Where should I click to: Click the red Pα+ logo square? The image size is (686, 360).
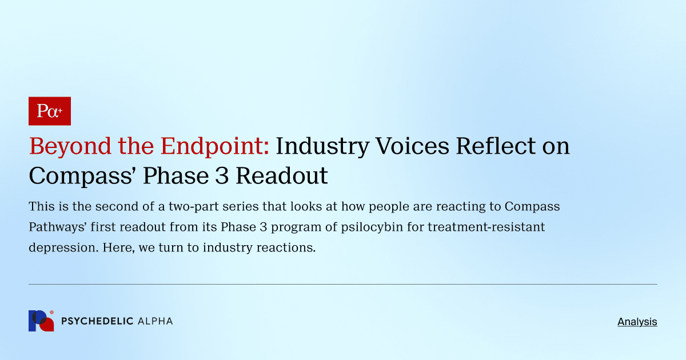click(x=49, y=111)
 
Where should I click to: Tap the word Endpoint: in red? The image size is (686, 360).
click(x=215, y=147)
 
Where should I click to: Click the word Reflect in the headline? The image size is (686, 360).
click(x=494, y=147)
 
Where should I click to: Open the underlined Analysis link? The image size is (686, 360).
click(x=637, y=322)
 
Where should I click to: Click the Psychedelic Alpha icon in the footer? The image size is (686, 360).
click(x=41, y=321)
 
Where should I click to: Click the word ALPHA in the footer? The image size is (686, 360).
click(x=155, y=321)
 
